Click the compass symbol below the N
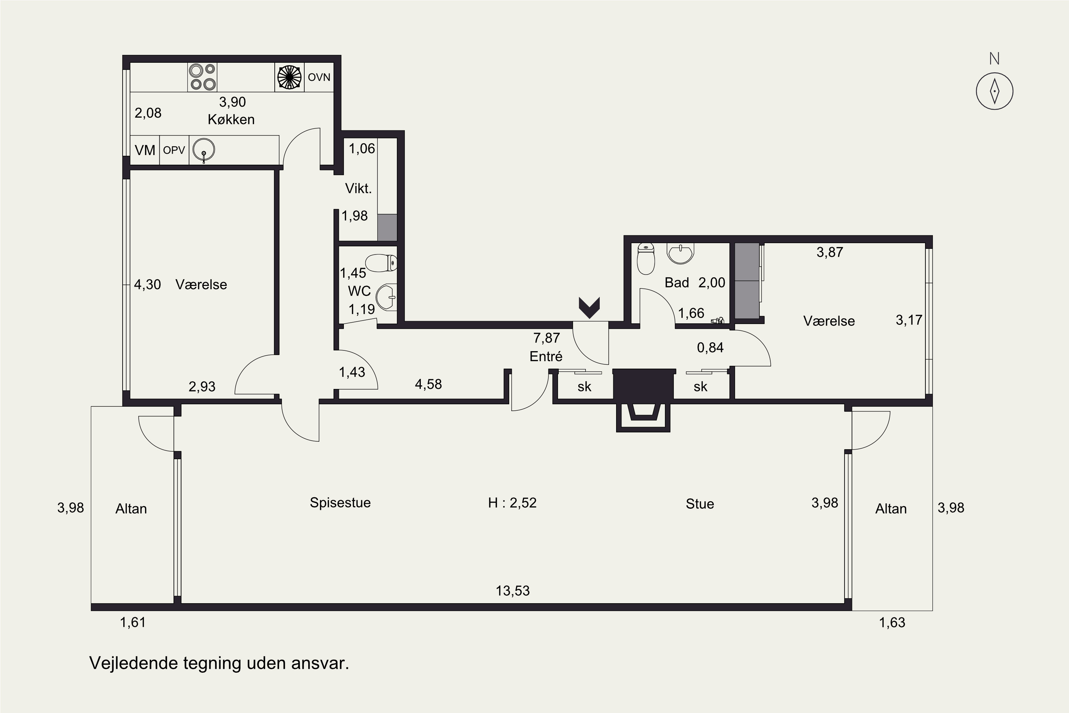click(995, 91)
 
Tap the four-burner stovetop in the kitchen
click(202, 77)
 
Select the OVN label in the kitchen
click(319, 77)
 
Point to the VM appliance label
click(145, 150)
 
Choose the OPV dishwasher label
click(174, 150)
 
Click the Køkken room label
click(231, 119)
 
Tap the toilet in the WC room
click(381, 263)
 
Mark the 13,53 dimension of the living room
click(513, 591)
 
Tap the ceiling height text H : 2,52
click(512, 502)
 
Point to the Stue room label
click(700, 504)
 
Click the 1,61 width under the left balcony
click(133, 622)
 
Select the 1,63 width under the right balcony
click(892, 622)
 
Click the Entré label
click(546, 356)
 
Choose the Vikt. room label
click(358, 188)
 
